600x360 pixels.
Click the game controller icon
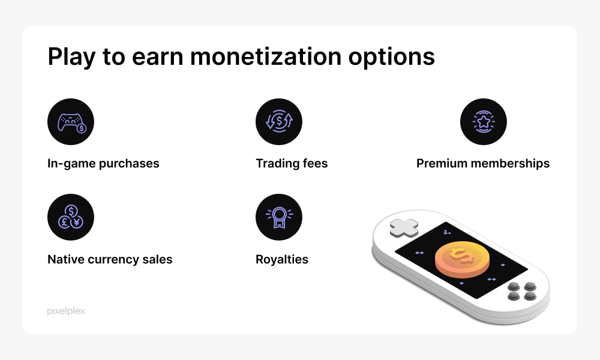click(x=71, y=122)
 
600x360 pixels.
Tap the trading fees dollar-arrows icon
click(x=279, y=122)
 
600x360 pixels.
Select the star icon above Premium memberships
click(x=484, y=122)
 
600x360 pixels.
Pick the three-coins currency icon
click(x=71, y=217)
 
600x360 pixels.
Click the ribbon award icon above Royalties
click(x=279, y=217)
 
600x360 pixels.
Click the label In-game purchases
click(x=103, y=164)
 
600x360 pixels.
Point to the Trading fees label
click(x=292, y=163)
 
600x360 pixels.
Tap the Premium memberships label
click(x=483, y=163)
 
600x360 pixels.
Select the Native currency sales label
click(x=110, y=259)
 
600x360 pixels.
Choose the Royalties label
click(x=282, y=259)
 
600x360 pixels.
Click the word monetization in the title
click(x=266, y=56)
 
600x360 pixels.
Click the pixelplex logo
click(x=66, y=311)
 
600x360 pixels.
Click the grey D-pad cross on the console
click(x=404, y=227)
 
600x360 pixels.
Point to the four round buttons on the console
click(x=521, y=291)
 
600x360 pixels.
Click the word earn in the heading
click(x=158, y=56)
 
